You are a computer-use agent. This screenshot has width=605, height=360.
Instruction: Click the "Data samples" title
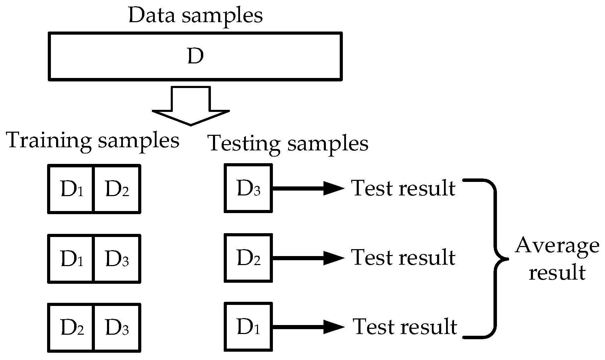195,16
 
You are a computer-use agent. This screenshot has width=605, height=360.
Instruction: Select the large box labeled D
195,56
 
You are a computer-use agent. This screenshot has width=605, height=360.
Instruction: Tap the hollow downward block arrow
191,107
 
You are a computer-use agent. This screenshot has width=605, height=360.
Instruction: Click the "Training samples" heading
93,140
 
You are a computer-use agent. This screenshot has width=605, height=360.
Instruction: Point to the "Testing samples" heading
288,143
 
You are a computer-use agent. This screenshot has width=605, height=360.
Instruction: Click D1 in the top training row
71,189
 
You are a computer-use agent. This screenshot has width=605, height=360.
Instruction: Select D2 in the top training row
117,189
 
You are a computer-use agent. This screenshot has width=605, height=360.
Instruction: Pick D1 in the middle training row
71,258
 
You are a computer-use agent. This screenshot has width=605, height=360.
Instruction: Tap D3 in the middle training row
117,258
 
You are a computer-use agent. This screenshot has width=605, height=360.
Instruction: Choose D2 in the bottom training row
71,327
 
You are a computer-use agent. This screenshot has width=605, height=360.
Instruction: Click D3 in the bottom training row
117,327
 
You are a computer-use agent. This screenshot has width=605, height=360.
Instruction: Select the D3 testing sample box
248,188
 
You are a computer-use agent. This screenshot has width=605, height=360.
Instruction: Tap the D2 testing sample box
248,257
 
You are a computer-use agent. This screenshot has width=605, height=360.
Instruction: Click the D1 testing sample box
248,326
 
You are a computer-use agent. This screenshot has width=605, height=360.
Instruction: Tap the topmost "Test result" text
403,188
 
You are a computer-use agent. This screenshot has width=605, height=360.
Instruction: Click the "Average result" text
557,259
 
